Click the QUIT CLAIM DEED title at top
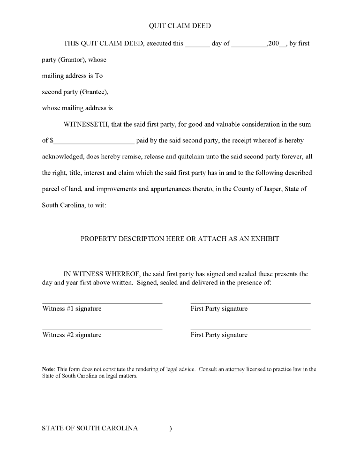[x=180, y=26]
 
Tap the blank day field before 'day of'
[x=197, y=46]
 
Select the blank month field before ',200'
[x=248, y=46]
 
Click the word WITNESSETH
[x=86, y=125]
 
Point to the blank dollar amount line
[x=94, y=143]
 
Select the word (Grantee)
[x=94, y=92]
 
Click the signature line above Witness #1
[x=102, y=303]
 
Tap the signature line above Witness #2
[x=102, y=330]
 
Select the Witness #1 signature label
[x=72, y=308]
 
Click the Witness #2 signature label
[x=72, y=335]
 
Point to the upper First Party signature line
[x=250, y=303]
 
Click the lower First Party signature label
[x=219, y=335]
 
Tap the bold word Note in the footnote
[x=48, y=369]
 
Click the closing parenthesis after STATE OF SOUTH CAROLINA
[x=171, y=428]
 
